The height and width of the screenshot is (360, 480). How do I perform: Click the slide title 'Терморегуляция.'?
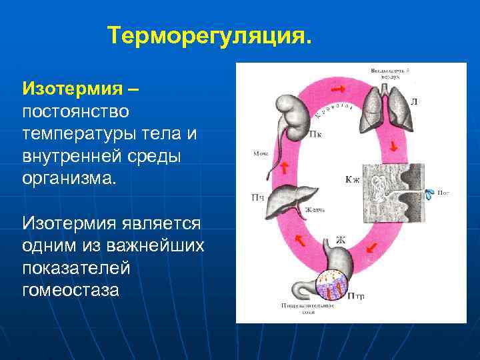[209, 34]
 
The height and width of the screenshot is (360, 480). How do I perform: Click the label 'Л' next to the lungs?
[414, 102]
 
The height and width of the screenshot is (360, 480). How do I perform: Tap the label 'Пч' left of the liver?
[257, 197]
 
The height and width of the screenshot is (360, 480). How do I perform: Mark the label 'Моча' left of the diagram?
[260, 153]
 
